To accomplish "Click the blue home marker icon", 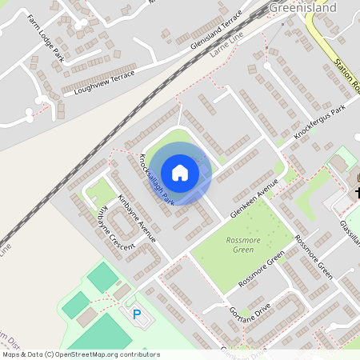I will (180, 173).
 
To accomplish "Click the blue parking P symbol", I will (137, 314).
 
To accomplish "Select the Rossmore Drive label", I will (313, 257).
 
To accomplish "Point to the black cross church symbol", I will (357, 193).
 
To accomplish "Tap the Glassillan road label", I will (350, 233).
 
